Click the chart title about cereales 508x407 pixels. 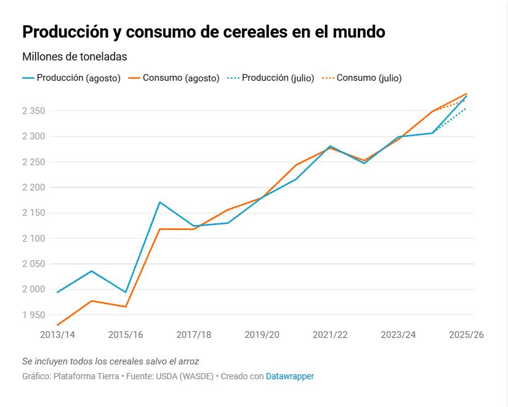tap(203, 32)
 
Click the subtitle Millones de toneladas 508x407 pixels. tap(75, 57)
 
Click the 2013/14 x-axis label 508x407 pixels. tap(57, 335)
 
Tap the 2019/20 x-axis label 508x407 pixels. tap(262, 335)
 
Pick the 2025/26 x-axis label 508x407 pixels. tap(466, 335)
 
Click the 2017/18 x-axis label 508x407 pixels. tap(193, 335)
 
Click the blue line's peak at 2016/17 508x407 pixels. tap(159, 202)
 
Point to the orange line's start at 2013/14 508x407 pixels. tap(57, 325)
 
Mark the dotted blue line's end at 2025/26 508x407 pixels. tap(466, 109)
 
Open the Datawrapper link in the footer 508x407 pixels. tap(289, 376)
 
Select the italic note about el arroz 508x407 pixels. tap(110, 361)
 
